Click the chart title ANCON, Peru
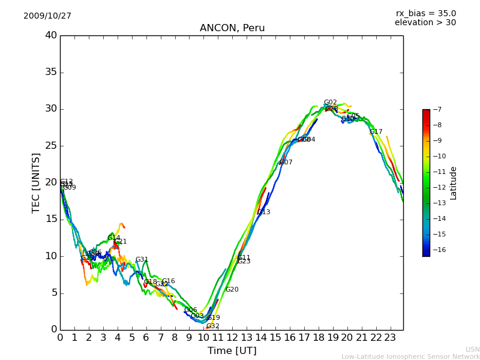232,28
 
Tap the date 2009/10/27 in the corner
47,16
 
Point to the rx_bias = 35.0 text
425,14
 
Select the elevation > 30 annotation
425,23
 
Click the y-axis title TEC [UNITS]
36,183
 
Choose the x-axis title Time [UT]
232,351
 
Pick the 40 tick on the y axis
51,35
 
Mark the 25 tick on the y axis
51,146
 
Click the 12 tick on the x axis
232,337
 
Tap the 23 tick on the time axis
390,337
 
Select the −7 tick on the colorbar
436,109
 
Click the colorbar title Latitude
454,183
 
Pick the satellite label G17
376,132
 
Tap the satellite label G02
330,103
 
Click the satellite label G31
142,260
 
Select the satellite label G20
232,290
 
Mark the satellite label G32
212,326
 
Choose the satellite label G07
286,163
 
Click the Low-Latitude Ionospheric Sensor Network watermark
410,357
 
